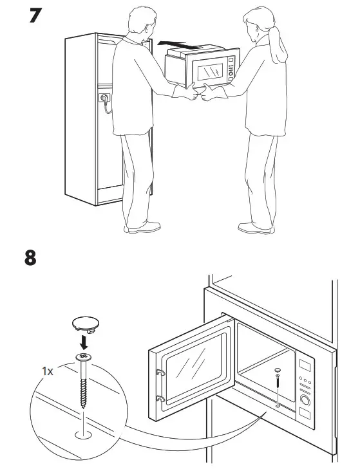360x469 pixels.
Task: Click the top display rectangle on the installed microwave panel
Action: click(307, 367)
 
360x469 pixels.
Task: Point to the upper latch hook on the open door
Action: click(158, 371)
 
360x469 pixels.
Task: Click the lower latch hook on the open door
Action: click(158, 396)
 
